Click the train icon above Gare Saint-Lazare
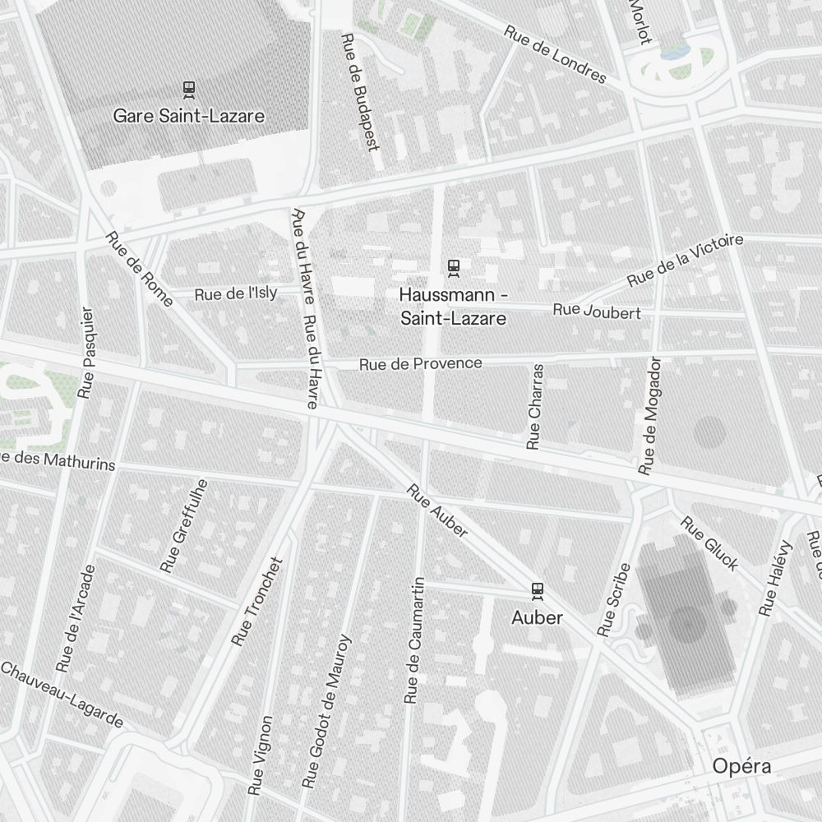188,89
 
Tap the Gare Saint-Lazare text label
189,116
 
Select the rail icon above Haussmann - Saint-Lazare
452,267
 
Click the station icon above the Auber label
537,590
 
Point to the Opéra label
741,766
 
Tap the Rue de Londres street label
555,55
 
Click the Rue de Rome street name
139,269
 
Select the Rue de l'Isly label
236,293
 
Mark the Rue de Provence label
421,363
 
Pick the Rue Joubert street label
597,312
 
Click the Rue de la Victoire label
685,261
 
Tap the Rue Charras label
535,407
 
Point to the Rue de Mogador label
651,416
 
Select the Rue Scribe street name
614,600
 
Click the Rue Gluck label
709,543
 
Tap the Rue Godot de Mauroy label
326,712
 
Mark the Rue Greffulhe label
185,526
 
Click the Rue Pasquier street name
86,353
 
